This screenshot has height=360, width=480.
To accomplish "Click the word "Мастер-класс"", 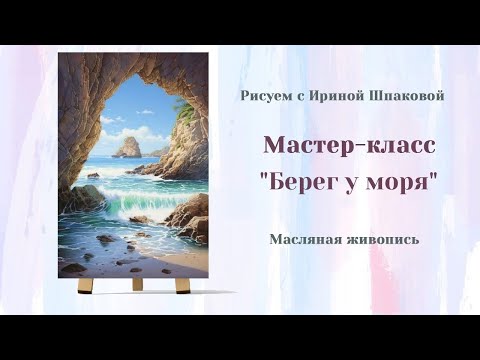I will [349, 145].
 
